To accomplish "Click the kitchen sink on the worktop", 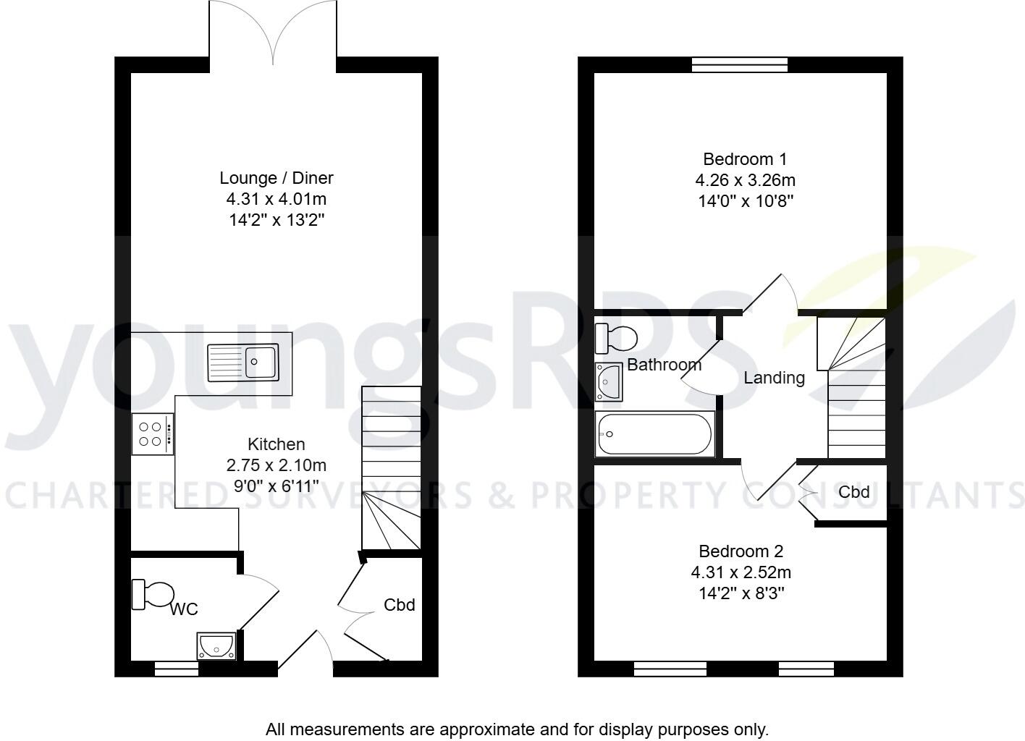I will coord(242,362).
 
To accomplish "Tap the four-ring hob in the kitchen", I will coord(153,433).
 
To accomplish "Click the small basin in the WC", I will coord(216,645).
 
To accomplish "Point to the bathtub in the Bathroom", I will coord(654,434).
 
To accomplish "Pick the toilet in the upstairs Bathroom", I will coord(616,337).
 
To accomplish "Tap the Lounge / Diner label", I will coord(277,178).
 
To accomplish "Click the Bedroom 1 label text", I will coord(745,159).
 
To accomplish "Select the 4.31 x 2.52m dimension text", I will coord(741,573).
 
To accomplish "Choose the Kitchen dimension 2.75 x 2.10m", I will coord(277,465).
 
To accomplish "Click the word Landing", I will coord(774,378).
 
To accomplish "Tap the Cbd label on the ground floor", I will coord(400,605).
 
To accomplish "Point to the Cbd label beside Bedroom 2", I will coord(853,492).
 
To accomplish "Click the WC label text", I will coord(184,610).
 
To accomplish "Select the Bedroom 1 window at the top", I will coord(739,65).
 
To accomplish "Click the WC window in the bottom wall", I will coord(177,669).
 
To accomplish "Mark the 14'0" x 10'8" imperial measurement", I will coord(745,201).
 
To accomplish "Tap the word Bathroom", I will coord(664,365).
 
